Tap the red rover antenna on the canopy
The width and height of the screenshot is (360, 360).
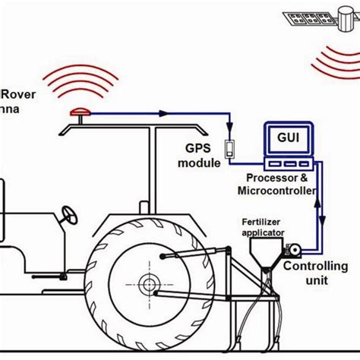pos(78,113)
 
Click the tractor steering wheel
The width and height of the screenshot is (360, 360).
pos(71,216)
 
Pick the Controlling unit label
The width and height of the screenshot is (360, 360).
pos(315,273)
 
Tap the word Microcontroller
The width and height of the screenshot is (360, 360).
pos(277,191)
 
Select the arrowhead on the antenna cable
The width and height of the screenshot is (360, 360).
pos(162,113)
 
